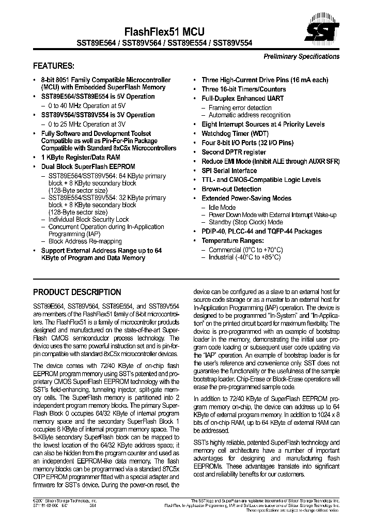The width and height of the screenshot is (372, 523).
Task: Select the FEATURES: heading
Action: pyautogui.click(x=54, y=66)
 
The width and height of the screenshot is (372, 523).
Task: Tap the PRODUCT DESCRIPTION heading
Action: pyautogui.click(x=77, y=292)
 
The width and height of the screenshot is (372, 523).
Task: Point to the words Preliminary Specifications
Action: pyautogui.click(x=302, y=56)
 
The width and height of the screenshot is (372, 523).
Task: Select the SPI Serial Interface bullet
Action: pyautogui.click(x=229, y=171)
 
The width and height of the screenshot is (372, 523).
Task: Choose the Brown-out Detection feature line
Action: pyautogui.click(x=231, y=189)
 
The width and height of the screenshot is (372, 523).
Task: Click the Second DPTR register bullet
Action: pyautogui.click(x=234, y=152)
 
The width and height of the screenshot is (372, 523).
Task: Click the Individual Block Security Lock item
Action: pyautogui.click(x=88, y=220)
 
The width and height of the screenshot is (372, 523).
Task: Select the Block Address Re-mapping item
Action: pyautogui.click(x=85, y=241)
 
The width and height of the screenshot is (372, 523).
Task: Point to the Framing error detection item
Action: pyautogui.click(x=240, y=107)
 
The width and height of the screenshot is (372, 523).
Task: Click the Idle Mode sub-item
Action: pyautogui.click(x=222, y=207)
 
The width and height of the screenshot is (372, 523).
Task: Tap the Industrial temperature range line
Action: pyautogui.click(x=244, y=257)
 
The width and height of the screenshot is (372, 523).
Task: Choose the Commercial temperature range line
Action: pyautogui.click(x=246, y=250)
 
